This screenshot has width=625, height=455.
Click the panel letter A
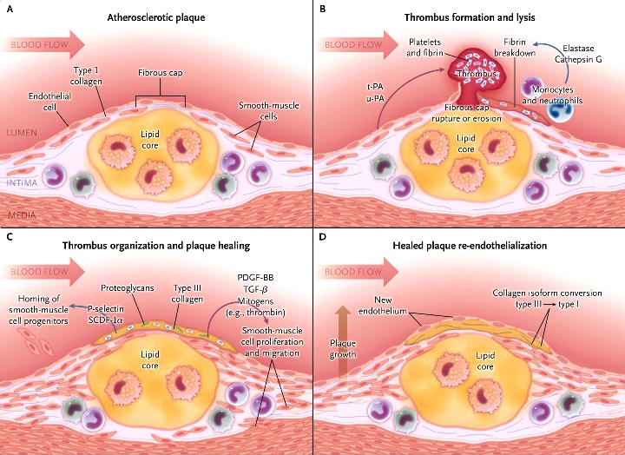coord(10,9)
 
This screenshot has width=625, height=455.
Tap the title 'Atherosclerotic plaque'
coord(156,17)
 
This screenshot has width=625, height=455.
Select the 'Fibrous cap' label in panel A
coord(161,73)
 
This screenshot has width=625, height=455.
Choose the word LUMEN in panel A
coord(22,132)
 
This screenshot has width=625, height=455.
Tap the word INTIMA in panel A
coord(23,182)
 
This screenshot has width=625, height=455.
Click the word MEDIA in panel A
coord(23,215)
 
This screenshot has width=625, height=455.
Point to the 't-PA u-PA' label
coord(375,93)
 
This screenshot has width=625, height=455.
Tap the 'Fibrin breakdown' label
coord(515,48)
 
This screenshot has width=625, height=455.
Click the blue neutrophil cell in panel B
coord(560,109)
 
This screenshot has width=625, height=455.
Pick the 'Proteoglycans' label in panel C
coord(127,288)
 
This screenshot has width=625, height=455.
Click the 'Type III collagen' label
coord(187,293)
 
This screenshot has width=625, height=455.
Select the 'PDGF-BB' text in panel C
coord(255,277)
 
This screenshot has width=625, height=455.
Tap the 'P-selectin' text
coord(106,308)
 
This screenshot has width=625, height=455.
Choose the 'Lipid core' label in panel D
coord(485,361)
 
